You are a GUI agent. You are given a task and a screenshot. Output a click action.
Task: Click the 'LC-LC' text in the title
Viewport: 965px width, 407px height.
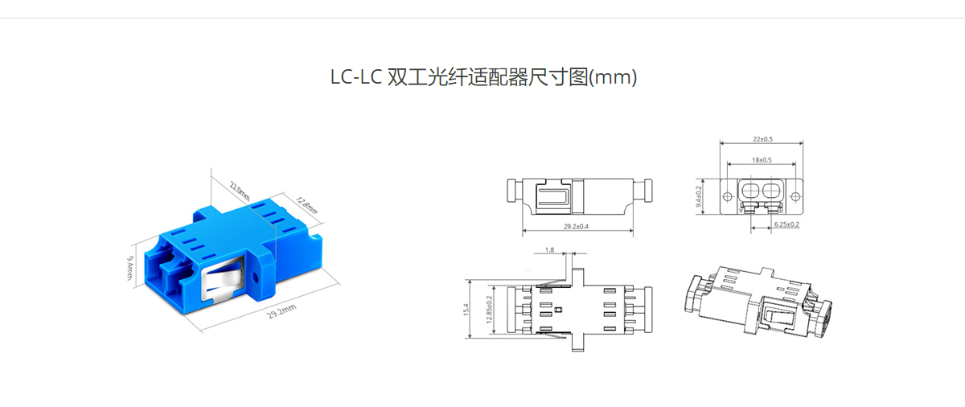356,77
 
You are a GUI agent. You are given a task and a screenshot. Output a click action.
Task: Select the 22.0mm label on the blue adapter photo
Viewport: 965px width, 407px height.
240,191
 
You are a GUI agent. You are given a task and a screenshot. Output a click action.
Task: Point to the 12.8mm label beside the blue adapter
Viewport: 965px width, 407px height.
306,205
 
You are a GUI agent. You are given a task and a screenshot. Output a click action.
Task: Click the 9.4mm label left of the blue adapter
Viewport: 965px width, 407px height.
130,268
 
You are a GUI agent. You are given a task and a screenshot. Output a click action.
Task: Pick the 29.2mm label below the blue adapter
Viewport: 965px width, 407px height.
281,311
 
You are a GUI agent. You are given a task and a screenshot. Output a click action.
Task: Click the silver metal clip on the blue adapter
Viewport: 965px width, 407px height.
222,277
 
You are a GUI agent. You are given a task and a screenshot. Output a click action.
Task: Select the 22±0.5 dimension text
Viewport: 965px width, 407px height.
763,139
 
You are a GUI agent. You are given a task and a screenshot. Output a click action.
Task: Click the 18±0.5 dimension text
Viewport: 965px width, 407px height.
762,160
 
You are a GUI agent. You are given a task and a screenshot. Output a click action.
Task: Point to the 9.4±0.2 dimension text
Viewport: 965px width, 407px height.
699,196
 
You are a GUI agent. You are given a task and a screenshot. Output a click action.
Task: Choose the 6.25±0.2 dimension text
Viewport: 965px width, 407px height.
786,224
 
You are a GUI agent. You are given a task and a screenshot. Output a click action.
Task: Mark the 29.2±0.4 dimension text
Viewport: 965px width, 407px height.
576,226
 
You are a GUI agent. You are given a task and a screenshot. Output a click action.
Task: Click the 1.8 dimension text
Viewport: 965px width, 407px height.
550,250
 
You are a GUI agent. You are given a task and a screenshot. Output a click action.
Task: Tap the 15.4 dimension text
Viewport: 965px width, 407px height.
466,309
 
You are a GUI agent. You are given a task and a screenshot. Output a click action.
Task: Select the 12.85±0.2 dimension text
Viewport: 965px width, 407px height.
489,309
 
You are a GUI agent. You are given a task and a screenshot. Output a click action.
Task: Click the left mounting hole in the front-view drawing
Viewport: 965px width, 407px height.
727,197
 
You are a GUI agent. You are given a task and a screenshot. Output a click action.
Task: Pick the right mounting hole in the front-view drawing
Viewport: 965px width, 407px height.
795,197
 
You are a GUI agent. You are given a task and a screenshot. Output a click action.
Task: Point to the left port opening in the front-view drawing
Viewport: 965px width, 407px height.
750,190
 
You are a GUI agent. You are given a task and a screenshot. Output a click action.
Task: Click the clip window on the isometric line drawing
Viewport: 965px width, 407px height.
777,312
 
